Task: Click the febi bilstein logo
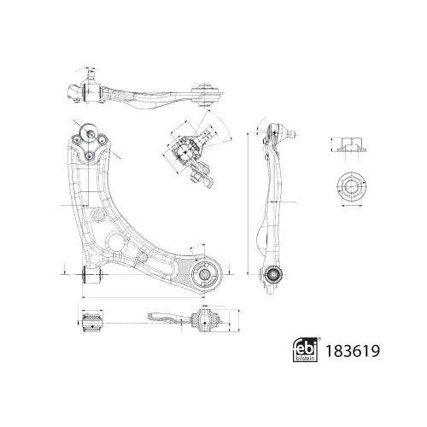[306, 350]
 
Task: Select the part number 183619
[353, 351]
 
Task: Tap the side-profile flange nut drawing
[351, 144]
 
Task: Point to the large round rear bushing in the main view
[205, 274]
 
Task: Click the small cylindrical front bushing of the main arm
[92, 275]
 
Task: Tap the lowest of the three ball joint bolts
[90, 155]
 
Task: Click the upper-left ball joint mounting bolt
[77, 139]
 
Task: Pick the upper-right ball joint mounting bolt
[102, 139]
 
